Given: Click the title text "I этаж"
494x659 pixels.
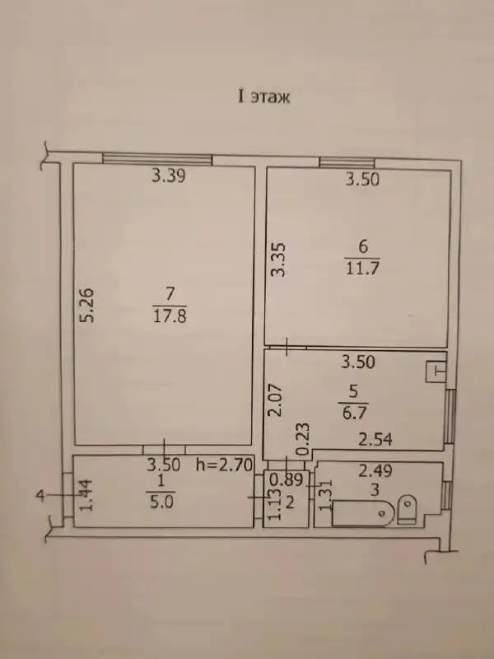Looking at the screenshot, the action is click(x=263, y=97).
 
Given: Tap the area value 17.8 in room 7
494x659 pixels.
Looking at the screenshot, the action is click(x=170, y=315).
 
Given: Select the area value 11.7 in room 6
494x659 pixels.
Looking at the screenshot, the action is click(x=362, y=269).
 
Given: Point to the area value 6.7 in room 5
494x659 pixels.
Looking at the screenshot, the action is click(x=354, y=414).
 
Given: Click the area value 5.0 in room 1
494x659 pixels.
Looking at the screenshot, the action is click(x=161, y=502).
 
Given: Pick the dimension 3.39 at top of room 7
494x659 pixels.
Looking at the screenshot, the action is click(x=169, y=175).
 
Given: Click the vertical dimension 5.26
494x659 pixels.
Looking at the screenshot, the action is click(x=87, y=305).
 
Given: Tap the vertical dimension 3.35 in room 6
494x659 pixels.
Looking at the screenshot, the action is click(x=279, y=259).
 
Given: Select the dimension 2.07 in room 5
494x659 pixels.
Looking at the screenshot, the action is click(x=277, y=400).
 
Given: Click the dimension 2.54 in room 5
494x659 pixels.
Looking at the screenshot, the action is click(x=375, y=440).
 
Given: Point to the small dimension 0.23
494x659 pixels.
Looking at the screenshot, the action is click(x=303, y=440).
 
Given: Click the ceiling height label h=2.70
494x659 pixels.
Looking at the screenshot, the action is click(x=224, y=465).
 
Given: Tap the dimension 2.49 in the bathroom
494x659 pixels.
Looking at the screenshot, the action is click(x=375, y=470).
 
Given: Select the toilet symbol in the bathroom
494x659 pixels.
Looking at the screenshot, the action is click(x=407, y=509).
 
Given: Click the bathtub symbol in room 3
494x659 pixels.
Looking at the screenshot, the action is click(x=363, y=512).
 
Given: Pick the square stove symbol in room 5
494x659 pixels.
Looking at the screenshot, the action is click(x=436, y=372).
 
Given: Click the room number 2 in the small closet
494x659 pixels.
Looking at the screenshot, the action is click(x=290, y=502).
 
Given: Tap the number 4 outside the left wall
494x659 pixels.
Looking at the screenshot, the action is click(x=40, y=496).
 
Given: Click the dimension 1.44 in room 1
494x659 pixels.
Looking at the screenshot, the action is click(x=86, y=495).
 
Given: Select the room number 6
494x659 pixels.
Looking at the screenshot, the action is click(x=363, y=246).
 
